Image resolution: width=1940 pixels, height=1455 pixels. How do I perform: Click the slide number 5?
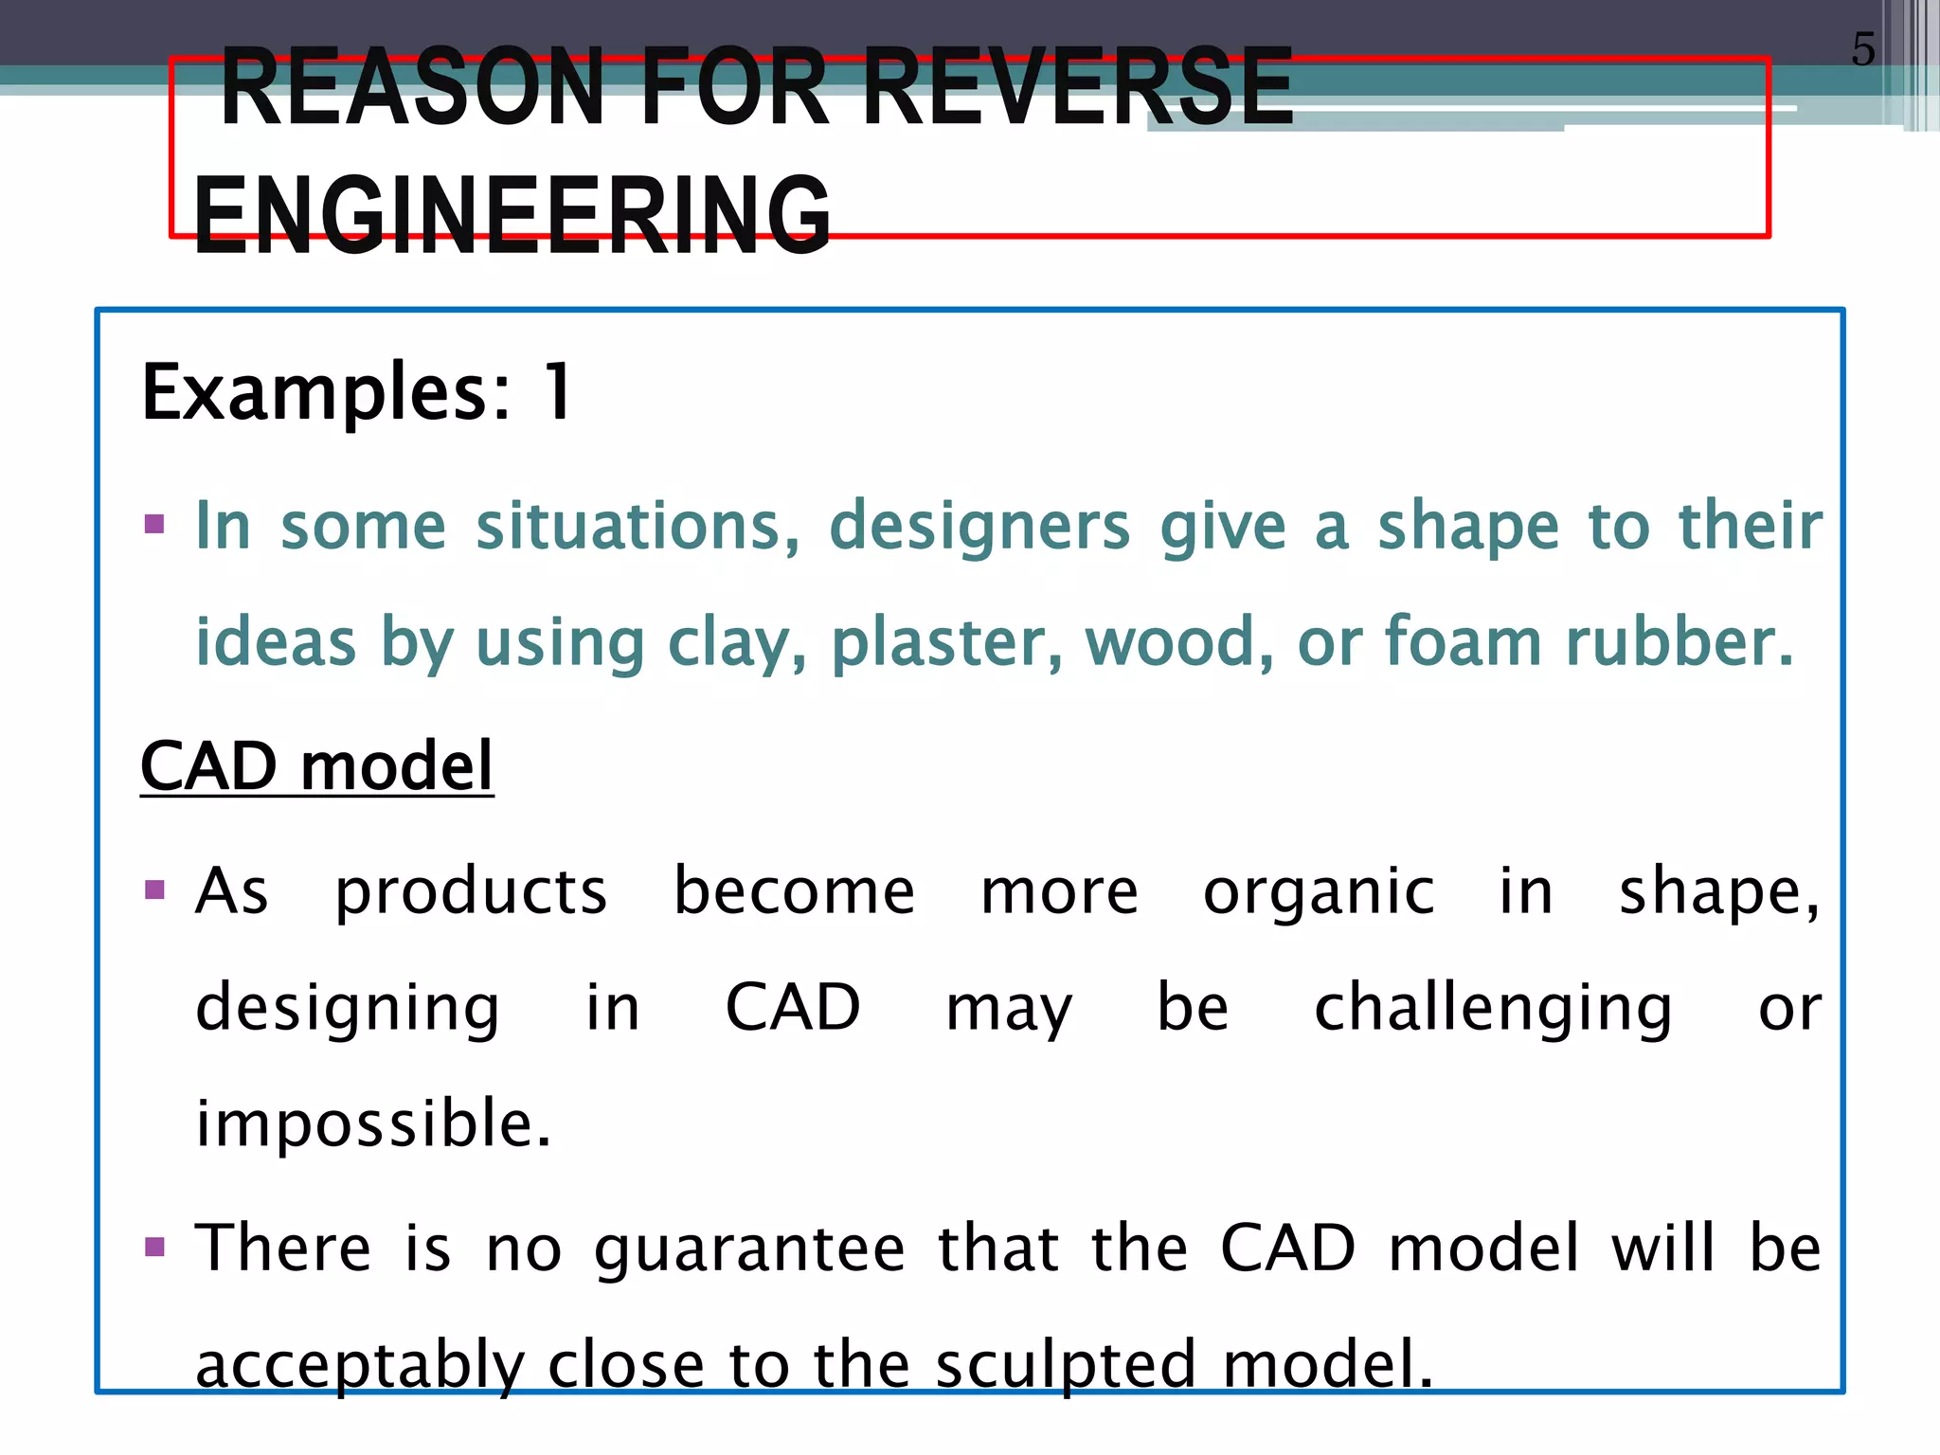[x=1862, y=49]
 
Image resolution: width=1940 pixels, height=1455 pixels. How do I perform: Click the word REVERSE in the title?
[x=1078, y=87]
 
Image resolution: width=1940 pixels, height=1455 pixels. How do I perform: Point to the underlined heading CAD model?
[x=316, y=765]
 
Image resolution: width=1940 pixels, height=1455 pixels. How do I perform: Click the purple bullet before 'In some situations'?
[x=154, y=524]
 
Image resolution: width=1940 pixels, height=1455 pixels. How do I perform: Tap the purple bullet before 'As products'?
[x=154, y=889]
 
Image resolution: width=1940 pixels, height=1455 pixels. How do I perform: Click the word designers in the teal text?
[x=979, y=527]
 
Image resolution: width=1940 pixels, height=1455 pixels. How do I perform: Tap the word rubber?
[x=1679, y=642]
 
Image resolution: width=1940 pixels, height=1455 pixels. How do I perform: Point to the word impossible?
[x=372, y=1123]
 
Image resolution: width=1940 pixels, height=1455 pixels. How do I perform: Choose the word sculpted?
[x=1066, y=1364]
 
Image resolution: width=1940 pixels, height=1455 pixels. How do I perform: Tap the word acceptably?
[x=359, y=1366]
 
